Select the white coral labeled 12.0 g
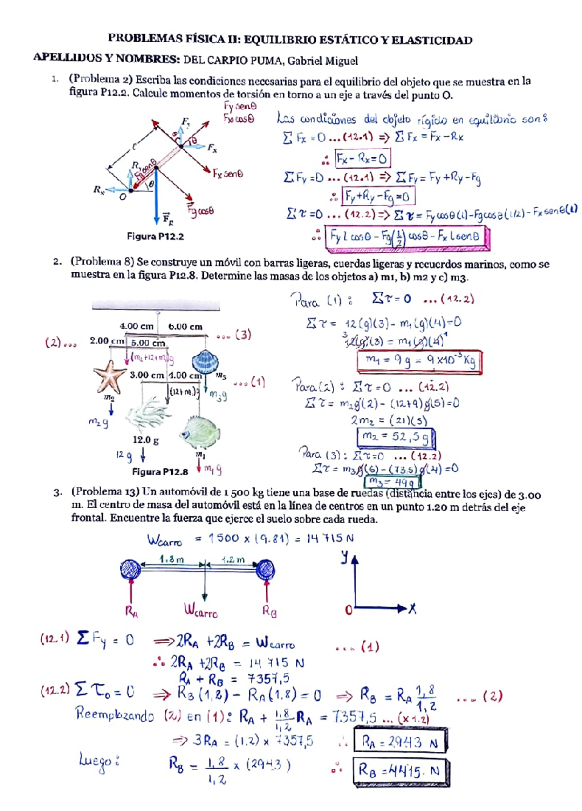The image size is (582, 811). point(147,414)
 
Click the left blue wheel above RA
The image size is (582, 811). point(130,569)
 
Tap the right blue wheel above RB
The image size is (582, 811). point(265,569)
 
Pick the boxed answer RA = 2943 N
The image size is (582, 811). point(400,741)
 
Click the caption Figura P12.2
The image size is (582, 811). point(155,236)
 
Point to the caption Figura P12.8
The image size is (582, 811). point(160,471)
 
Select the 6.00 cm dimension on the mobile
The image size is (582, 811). point(185,327)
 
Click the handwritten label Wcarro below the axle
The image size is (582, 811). point(200,611)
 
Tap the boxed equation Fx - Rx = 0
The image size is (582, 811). point(362,158)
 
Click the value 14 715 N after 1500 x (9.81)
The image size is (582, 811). point(330,538)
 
